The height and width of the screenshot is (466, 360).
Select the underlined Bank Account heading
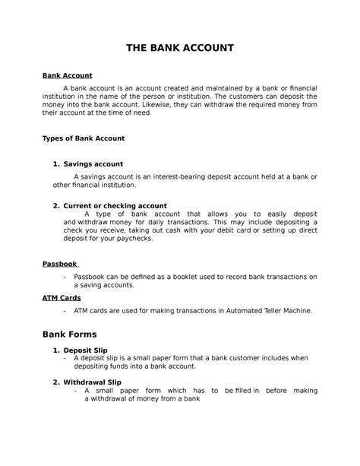[x=67, y=76]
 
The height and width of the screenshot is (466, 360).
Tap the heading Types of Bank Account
[x=83, y=139]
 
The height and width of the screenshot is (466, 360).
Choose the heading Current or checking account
[x=115, y=205]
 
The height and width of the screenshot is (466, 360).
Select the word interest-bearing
[x=191, y=176]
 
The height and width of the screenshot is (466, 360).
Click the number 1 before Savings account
[x=55, y=163]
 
